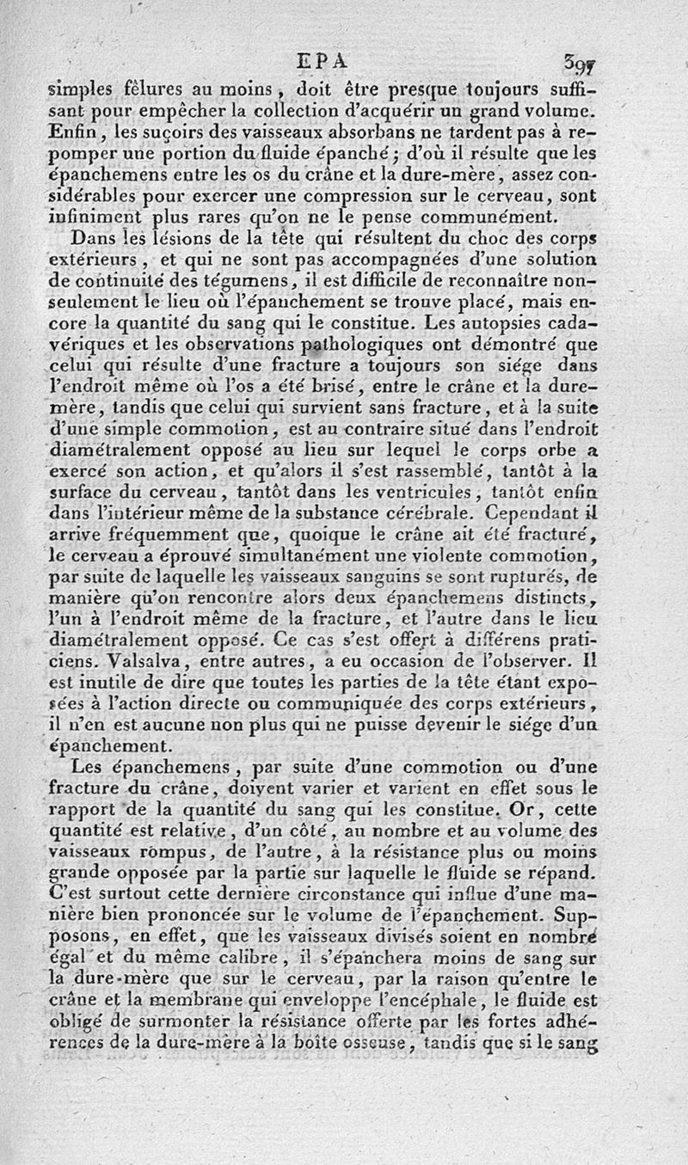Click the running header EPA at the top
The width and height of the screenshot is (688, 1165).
click(x=321, y=62)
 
